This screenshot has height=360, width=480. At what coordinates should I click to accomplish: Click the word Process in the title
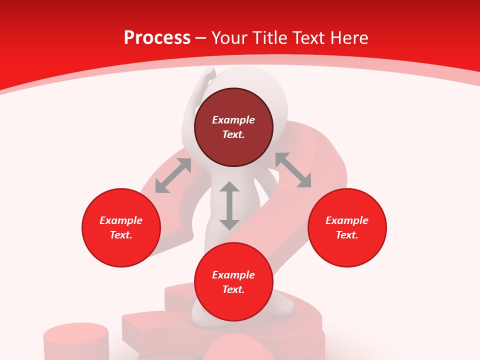pos(157,38)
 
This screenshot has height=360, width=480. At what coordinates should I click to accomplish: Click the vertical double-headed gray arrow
pos(229,205)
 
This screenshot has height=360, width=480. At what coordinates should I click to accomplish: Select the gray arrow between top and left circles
pos(173,175)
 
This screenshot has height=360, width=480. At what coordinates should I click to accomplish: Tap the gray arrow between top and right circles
pos(293,170)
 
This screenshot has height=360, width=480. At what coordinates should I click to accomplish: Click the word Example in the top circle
pos(233,120)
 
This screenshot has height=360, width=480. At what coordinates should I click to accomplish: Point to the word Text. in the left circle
pos(121,235)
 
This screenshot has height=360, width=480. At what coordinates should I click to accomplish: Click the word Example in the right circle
pos(347,220)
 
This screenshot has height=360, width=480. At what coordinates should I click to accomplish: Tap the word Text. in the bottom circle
pos(233,289)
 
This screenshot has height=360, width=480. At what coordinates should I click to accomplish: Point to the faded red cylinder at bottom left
pos(76,340)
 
